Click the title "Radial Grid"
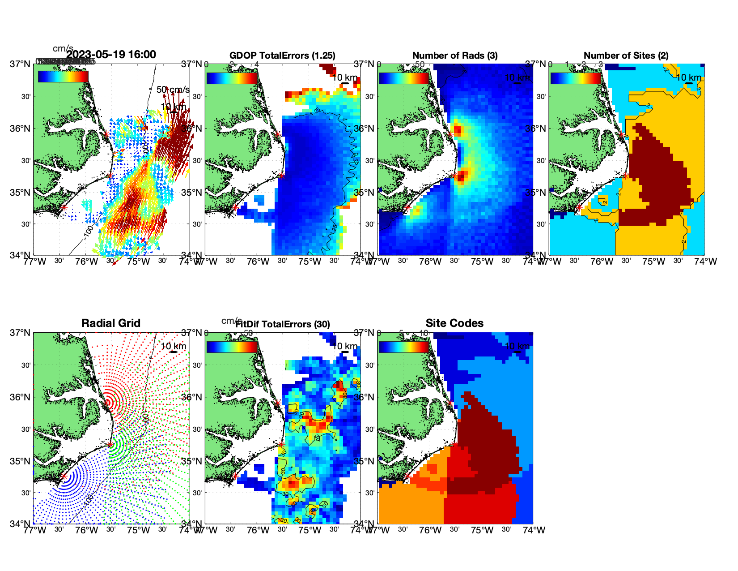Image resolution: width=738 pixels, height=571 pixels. coord(111,323)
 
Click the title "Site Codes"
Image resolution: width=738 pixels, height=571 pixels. coord(454,323)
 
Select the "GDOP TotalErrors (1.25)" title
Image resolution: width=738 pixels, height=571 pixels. coord(282,56)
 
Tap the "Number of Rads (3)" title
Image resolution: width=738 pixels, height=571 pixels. coord(455,56)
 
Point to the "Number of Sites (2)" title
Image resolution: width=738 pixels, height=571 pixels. coord(626,56)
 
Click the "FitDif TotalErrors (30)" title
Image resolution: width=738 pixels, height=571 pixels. coord(283,324)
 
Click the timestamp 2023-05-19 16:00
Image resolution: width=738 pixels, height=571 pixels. coord(111,55)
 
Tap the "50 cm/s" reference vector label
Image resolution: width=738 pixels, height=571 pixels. coord(173,90)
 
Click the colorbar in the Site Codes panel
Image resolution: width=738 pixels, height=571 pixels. coord(403,347)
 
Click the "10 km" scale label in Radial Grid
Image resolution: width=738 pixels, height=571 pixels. coord(174,346)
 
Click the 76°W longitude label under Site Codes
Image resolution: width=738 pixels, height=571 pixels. coord(430,530)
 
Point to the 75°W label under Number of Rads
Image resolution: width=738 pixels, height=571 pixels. coord(482,262)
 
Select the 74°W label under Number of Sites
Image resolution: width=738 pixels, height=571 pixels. coord(705,262)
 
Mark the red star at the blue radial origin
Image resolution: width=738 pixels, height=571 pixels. coord(64,477)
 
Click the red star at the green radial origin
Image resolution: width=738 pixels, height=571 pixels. coord(110,445)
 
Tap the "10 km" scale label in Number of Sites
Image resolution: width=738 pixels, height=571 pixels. coord(689,77)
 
